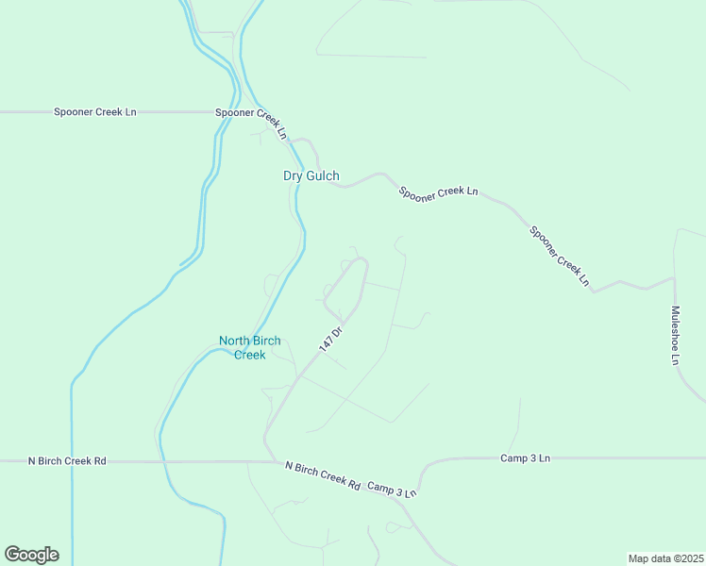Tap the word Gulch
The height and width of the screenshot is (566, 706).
tap(323, 175)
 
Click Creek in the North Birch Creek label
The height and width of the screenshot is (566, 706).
tap(250, 355)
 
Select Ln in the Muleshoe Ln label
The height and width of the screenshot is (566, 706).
tap(676, 358)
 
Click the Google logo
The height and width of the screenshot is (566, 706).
tap(31, 555)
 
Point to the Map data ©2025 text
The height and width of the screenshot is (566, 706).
tap(665, 558)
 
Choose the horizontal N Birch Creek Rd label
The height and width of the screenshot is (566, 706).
tap(67, 461)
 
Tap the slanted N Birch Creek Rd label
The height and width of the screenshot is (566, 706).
tap(324, 475)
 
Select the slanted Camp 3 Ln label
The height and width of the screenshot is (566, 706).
tap(392, 490)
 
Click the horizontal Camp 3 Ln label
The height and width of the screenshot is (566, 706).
tap(526, 458)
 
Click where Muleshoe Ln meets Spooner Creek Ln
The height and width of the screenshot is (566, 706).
tap(674, 277)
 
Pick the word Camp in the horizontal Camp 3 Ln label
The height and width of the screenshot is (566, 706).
tap(513, 458)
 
